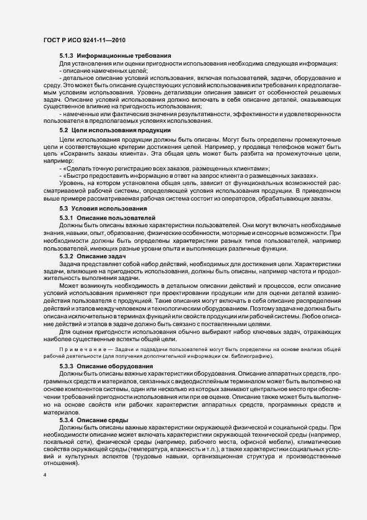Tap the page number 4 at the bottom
click(44, 476)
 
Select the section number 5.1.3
click(67, 56)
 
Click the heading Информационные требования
click(124, 56)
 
